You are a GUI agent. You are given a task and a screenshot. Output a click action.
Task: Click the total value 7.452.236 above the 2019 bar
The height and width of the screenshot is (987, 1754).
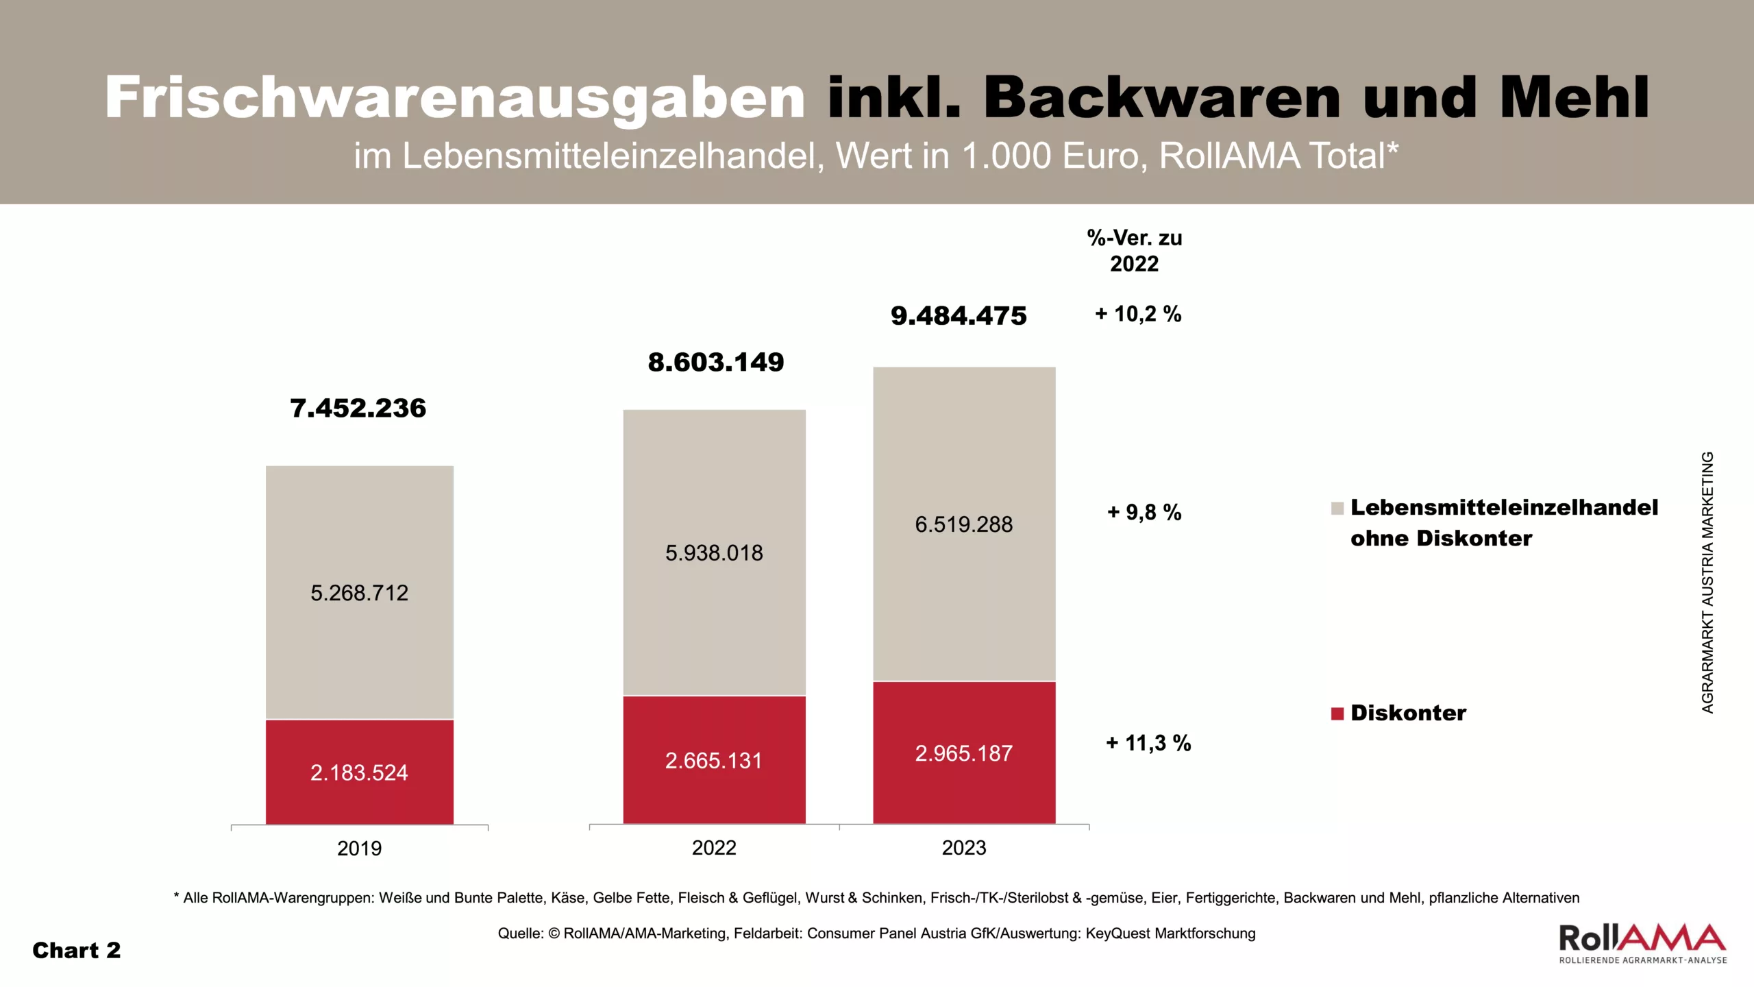358,409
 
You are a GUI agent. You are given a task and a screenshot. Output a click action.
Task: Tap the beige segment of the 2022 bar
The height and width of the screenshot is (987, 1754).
714,480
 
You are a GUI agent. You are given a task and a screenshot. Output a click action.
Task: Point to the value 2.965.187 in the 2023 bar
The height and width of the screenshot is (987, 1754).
963,754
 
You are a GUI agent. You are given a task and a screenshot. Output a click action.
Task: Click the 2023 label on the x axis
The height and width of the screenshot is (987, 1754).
963,848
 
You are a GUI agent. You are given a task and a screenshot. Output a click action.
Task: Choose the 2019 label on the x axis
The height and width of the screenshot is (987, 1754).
359,849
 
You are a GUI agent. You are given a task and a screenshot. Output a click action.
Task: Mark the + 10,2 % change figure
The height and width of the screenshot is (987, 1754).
1138,314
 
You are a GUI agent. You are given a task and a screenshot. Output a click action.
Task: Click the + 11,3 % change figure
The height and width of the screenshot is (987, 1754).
1148,743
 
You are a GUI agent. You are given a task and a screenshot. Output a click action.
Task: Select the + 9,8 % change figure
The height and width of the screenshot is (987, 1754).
1144,512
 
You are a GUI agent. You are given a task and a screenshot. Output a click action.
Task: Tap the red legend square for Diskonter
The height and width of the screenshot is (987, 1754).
1337,714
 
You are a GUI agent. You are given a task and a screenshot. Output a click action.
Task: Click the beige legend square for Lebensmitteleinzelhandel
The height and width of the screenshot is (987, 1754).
1337,508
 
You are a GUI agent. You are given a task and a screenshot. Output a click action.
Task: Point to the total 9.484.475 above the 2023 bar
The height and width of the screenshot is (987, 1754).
959,316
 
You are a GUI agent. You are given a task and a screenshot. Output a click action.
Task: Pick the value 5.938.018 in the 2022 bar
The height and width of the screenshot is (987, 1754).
714,553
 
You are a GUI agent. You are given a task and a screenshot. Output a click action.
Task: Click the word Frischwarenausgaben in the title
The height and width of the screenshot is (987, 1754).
455,97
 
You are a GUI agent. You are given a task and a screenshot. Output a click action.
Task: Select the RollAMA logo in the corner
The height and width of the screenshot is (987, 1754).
1642,943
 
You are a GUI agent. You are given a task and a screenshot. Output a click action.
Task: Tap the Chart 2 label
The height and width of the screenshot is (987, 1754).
77,951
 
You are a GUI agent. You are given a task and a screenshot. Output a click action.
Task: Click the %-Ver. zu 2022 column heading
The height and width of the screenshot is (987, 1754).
1134,251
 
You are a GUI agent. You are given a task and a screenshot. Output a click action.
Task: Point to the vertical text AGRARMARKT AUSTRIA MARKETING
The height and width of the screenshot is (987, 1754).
1707,583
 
